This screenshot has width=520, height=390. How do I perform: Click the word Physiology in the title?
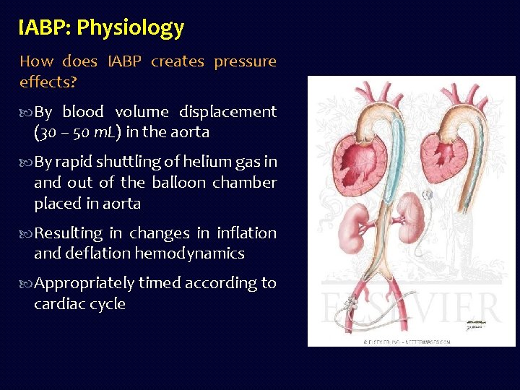point(131,28)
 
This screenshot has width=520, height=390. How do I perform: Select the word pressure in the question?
point(245,61)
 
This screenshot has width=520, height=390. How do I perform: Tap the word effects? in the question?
point(47,82)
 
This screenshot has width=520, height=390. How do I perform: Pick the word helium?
point(207,162)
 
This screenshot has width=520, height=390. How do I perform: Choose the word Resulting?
point(69,233)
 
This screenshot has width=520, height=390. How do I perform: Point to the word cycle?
point(106,304)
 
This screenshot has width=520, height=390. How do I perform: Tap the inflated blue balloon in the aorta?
point(378,173)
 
